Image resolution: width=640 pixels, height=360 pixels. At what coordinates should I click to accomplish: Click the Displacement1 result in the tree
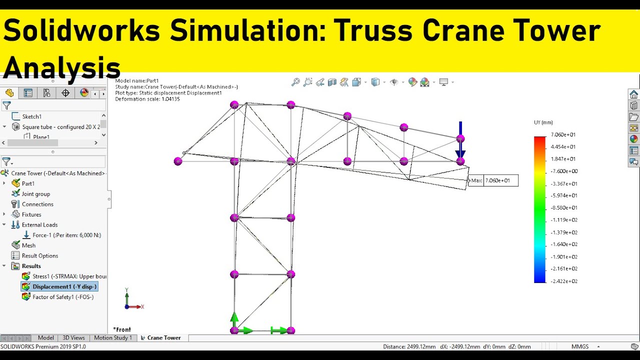64,286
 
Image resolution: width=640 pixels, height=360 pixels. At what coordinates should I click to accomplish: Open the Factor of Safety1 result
62,297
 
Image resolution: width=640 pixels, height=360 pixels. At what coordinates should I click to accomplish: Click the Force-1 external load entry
66,235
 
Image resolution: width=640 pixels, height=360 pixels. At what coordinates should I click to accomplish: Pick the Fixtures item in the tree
31,214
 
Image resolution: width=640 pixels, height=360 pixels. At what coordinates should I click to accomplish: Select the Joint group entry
35,194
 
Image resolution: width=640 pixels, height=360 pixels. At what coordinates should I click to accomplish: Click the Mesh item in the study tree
28,245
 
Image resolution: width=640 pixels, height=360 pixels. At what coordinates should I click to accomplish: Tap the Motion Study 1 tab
113,338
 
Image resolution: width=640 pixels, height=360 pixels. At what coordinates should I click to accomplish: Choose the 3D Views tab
73,338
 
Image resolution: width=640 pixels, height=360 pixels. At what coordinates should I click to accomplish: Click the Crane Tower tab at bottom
163,338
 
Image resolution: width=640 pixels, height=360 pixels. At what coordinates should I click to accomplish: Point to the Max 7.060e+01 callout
493,180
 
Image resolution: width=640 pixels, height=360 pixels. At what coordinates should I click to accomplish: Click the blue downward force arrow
460,140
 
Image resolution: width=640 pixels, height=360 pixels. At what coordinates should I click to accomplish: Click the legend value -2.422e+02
564,281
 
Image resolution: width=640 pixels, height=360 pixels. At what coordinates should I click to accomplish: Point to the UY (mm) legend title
543,122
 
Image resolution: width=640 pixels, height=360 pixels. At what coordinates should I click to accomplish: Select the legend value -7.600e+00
564,171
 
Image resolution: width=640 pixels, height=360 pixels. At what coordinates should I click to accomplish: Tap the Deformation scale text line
147,99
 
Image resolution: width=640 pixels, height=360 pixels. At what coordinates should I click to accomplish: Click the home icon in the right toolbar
633,94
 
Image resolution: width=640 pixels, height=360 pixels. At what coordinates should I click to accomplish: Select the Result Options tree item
40,255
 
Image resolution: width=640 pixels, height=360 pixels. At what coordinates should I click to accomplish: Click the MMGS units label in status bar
580,346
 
